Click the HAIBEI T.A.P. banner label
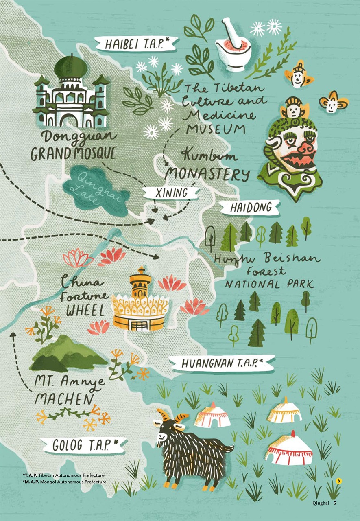tap(135, 44)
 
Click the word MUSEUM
tap(216, 129)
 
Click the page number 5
tap(335, 503)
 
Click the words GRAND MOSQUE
tap(73, 154)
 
